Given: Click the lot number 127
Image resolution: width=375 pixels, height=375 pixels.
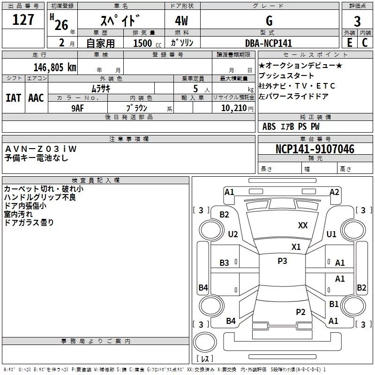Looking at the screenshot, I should tap(23, 20).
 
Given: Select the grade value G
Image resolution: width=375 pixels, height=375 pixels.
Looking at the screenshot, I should tap(269, 21).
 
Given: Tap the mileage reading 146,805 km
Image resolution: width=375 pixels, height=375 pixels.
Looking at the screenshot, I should tap(55, 67).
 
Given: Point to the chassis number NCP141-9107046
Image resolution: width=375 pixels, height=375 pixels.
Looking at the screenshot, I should tap(315, 149).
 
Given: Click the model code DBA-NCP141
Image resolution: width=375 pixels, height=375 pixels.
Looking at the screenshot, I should tap(269, 43).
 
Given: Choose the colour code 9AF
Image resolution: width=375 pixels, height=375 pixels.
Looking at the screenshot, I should tap(78, 107).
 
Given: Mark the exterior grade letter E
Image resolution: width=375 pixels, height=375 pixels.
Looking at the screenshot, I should tap(349, 43).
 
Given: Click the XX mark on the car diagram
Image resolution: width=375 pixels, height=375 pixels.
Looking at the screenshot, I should tap(303, 225).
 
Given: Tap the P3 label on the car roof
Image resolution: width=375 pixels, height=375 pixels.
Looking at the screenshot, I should tap(282, 261).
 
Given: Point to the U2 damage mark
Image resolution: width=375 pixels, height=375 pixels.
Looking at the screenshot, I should tap(233, 234).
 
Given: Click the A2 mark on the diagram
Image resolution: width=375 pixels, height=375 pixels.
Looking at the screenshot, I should tap(334, 192).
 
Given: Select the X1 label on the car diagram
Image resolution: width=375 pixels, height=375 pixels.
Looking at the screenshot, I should tap(296, 247).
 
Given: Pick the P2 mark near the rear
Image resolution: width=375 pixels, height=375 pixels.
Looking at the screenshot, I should tap(301, 312).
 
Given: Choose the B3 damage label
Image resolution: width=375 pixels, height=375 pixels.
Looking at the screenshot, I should tap(225, 263).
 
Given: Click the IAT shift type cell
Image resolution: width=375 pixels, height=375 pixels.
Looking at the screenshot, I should tap(13, 98).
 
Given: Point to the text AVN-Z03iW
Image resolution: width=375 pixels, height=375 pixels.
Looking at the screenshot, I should tap(41, 149).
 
